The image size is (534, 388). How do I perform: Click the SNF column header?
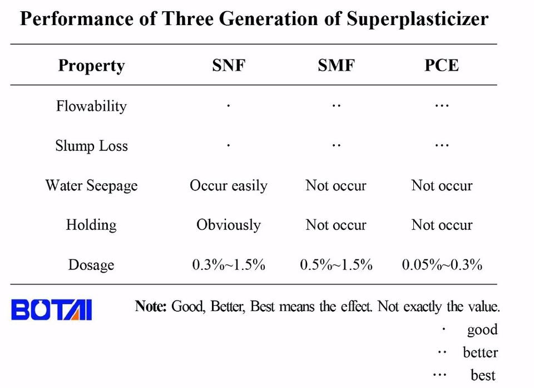click(229, 65)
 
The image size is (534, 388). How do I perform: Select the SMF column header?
click(336, 65)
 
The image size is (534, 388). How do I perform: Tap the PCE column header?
click(442, 65)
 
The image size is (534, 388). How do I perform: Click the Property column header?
click(91, 66)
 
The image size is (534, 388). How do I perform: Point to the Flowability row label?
click(91, 106)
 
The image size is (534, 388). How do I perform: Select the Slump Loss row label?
click(91, 146)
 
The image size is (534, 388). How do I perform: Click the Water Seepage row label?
click(91, 186)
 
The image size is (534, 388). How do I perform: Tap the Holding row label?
click(91, 225)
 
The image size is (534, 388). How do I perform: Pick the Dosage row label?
click(91, 265)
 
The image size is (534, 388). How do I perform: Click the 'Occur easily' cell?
click(229, 186)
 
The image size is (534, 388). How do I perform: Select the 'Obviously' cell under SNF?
click(229, 225)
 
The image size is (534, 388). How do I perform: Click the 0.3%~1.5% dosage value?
click(229, 264)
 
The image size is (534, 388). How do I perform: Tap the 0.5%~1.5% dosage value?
click(336, 264)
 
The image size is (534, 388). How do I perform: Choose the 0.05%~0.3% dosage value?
click(442, 264)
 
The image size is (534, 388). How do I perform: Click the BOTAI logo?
click(51, 310)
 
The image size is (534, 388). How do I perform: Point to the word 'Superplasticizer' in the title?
click(418, 19)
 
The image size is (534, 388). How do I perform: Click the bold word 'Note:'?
click(151, 306)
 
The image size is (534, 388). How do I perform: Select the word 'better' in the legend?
click(480, 352)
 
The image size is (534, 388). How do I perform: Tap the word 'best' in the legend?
click(483, 375)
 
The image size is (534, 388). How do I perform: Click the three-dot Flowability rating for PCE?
click(442, 106)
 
